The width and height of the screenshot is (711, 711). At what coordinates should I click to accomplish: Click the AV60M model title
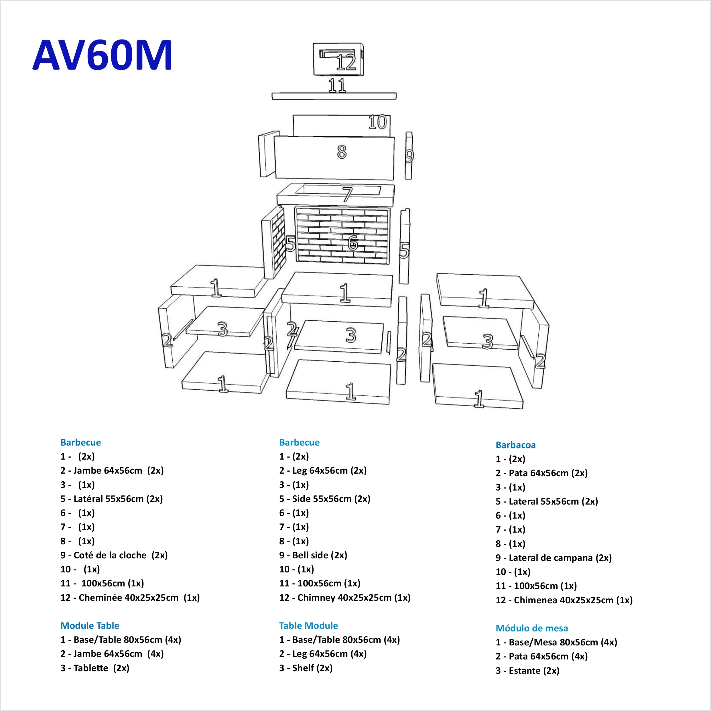tap(102, 55)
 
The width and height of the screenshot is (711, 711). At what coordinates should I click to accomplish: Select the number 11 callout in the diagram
tap(337, 85)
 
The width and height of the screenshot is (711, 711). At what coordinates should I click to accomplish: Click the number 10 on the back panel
tap(377, 122)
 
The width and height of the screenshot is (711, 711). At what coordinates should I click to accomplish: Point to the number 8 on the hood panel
tap(342, 152)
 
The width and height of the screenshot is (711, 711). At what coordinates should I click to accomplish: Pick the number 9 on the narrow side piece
tap(409, 156)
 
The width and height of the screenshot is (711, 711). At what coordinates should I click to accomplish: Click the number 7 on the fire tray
tap(347, 194)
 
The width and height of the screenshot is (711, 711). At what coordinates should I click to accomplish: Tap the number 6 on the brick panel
tap(352, 243)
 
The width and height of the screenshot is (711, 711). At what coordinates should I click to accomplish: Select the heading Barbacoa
tap(515, 445)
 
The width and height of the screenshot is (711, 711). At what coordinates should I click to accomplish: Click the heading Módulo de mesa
tap(532, 628)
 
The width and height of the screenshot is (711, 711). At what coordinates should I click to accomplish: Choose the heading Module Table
tap(90, 626)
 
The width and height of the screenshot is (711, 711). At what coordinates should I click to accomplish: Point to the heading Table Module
tap(308, 626)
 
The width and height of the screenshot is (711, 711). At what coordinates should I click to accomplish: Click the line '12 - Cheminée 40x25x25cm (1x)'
tap(130, 597)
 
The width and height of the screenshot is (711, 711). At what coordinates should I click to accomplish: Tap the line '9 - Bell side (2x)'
tap(313, 555)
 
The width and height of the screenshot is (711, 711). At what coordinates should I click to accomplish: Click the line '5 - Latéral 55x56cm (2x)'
tap(111, 499)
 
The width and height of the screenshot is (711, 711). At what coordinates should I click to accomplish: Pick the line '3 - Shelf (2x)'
tap(306, 668)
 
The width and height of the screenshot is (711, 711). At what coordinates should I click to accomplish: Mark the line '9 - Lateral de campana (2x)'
tap(554, 558)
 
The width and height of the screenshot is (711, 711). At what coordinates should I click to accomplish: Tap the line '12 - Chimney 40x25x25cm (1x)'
tap(344, 597)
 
